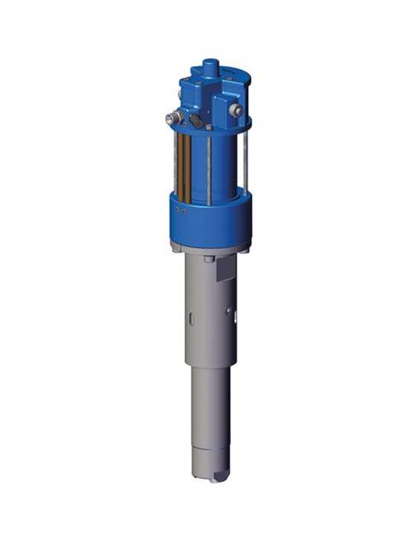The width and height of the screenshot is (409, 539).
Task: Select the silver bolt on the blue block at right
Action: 236,111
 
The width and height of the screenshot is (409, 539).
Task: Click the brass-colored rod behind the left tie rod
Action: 187,167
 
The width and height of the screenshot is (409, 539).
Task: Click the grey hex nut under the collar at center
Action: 210,259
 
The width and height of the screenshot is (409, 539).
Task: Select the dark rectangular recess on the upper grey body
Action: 226,269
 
